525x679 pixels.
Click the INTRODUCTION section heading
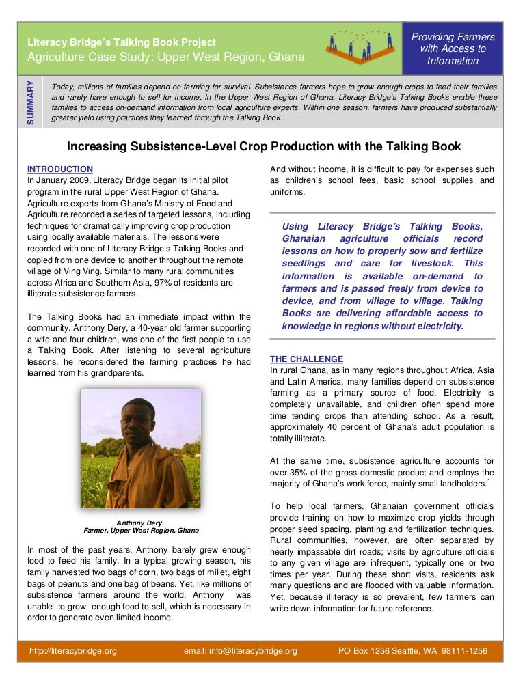(59, 169)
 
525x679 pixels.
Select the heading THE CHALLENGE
(307, 359)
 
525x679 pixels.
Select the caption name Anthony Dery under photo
(141, 523)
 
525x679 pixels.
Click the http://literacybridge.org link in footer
(73, 651)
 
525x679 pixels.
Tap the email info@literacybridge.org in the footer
(241, 651)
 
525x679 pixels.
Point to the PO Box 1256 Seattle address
(413, 651)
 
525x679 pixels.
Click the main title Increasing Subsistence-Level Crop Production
(263, 146)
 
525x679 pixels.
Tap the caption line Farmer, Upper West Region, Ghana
(141, 531)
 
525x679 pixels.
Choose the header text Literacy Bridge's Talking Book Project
(121, 42)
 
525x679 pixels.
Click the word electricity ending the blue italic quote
(437, 326)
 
